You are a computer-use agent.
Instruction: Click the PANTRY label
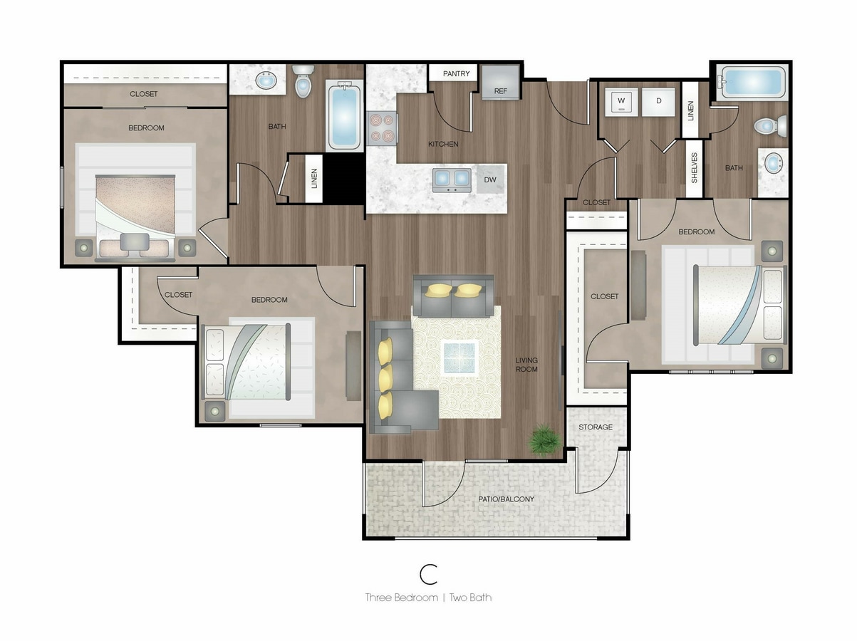[456, 73]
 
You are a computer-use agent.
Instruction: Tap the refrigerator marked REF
[501, 82]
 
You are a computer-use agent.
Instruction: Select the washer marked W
[620, 102]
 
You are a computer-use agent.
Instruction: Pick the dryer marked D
[659, 102]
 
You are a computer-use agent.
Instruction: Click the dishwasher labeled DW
[490, 179]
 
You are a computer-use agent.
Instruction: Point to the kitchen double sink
[452, 180]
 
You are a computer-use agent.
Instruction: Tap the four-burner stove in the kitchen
[382, 128]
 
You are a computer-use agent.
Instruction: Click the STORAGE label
[596, 427]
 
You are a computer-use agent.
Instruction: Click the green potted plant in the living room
[545, 440]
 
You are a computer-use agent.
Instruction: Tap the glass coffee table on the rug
[459, 358]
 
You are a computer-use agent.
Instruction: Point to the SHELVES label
[694, 168]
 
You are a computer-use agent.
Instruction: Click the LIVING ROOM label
[526, 365]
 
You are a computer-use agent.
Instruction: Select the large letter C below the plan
[428, 574]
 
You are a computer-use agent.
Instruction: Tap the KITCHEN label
[443, 144]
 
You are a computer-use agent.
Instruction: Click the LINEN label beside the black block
[314, 178]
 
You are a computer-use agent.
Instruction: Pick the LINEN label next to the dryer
[691, 110]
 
